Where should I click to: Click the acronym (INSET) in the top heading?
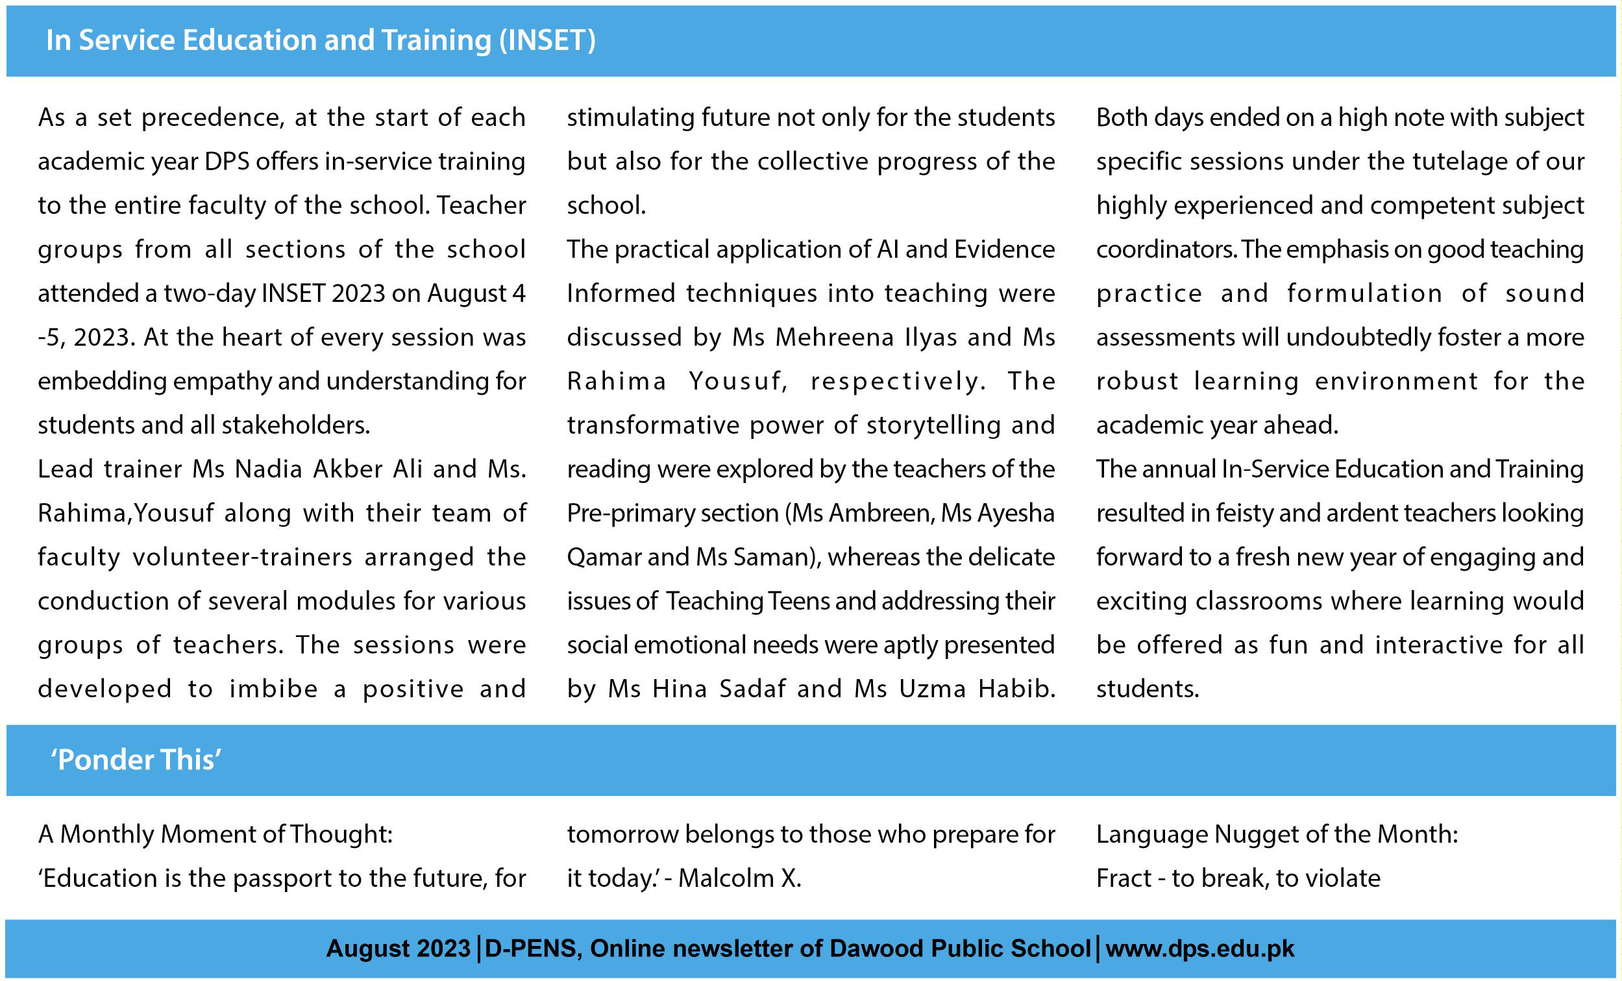click(547, 40)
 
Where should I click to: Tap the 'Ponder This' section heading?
click(136, 760)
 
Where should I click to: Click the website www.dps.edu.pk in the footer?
click(1199, 949)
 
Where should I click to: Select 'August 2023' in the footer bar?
click(398, 949)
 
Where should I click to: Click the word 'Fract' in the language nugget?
click(1124, 878)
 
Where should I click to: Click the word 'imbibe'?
click(273, 689)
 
